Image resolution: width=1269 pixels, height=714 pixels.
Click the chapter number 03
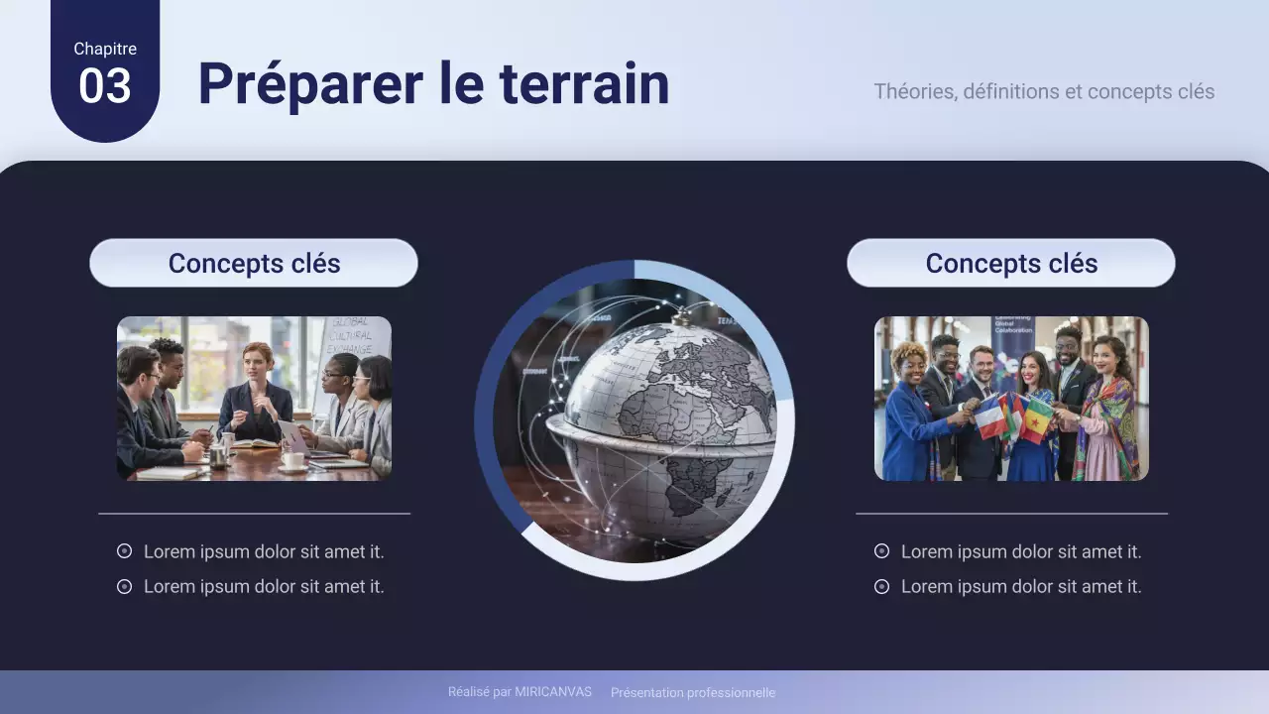click(104, 86)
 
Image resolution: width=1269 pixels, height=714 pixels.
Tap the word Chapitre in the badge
click(104, 49)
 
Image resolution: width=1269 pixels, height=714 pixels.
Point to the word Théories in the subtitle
click(914, 91)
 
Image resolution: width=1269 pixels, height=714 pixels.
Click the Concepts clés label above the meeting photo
click(254, 264)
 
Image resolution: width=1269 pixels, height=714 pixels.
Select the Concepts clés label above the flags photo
click(1011, 264)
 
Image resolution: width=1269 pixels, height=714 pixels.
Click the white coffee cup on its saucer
click(293, 460)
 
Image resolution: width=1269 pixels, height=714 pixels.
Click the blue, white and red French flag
click(990, 417)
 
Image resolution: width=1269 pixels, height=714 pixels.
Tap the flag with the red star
click(1036, 418)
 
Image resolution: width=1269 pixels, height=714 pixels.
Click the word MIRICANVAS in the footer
click(552, 692)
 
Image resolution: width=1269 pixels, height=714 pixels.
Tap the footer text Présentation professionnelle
click(693, 692)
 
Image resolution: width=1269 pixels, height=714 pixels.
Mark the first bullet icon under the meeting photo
click(124, 551)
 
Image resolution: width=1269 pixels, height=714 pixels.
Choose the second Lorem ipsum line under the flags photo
click(1021, 587)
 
